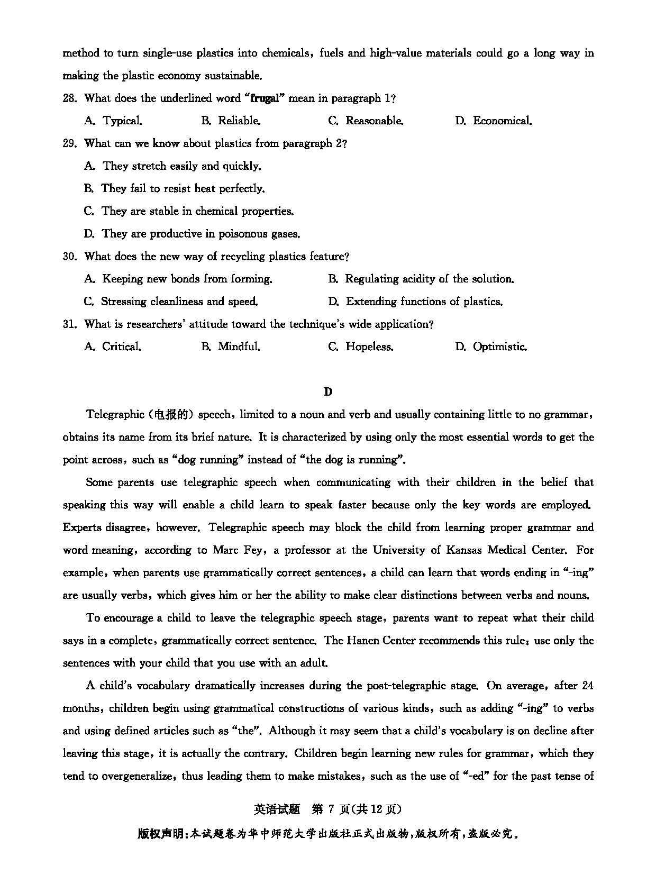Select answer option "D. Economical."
click(x=493, y=121)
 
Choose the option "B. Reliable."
click(x=231, y=121)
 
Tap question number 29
click(x=70, y=143)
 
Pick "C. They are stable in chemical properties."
click(x=189, y=211)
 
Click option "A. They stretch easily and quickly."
click(x=172, y=166)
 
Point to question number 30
click(x=70, y=257)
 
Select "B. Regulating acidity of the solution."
click(x=421, y=279)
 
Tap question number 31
click(x=70, y=324)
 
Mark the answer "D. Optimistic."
click(x=491, y=347)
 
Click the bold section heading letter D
click(x=328, y=391)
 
